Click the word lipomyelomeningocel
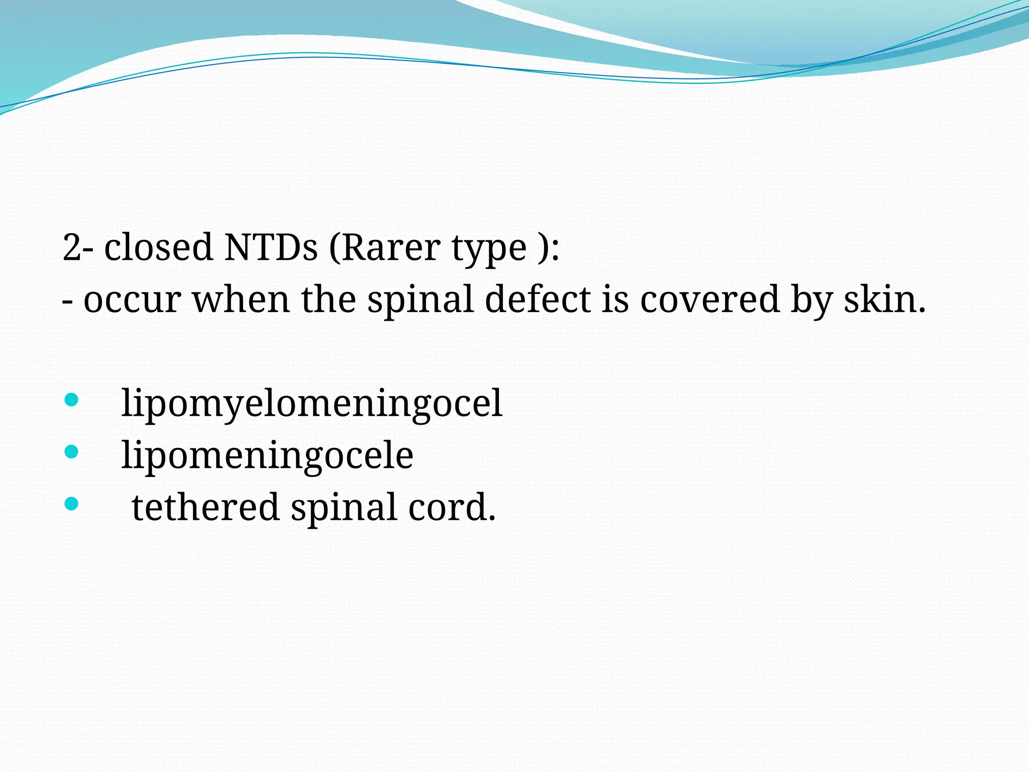pyautogui.click(x=312, y=404)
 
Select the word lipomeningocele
pyautogui.click(x=267, y=455)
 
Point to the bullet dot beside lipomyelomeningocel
pyautogui.click(x=72, y=400)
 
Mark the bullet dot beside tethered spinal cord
pyautogui.click(x=72, y=504)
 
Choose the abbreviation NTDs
pyautogui.click(x=271, y=247)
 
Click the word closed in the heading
pyautogui.click(x=158, y=247)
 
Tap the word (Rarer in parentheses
pyautogui.click(x=384, y=247)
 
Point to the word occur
pyautogui.click(x=132, y=300)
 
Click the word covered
pyautogui.click(x=709, y=300)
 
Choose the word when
pyautogui.click(x=241, y=300)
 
